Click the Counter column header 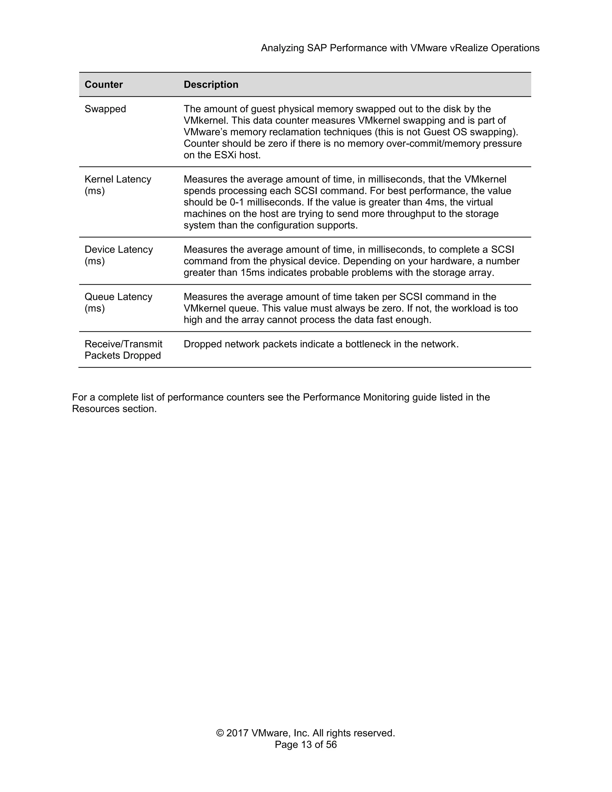pos(104,85)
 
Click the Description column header pos(211,85)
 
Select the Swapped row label pos(105,109)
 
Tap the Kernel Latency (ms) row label pos(118,185)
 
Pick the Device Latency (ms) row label pos(119,255)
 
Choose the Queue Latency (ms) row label pos(118,302)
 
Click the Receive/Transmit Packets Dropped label pos(123,350)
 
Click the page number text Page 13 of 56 pos(306,744)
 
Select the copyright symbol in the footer pos(220,733)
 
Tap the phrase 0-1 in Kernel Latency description pos(237,202)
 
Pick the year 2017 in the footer pos(237,733)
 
